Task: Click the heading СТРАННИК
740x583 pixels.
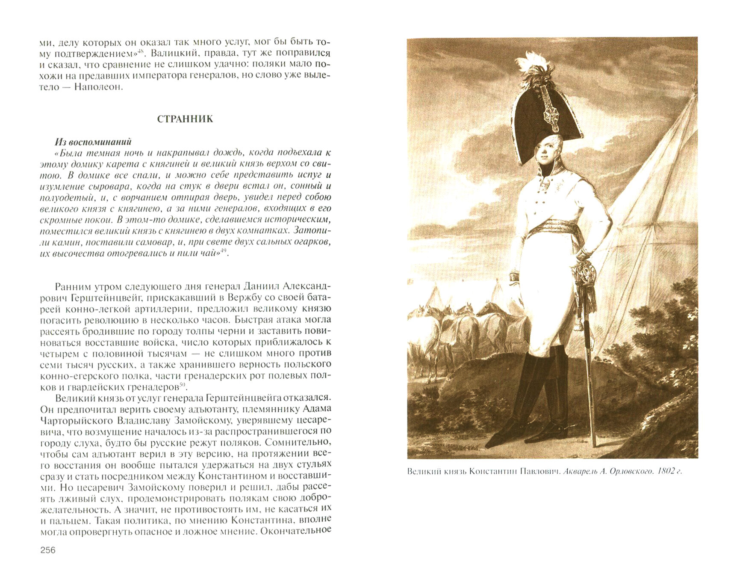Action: [185, 119]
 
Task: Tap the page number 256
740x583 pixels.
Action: [48, 550]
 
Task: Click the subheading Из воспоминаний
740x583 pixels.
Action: [93, 142]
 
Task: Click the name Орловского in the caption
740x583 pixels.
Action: [625, 471]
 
